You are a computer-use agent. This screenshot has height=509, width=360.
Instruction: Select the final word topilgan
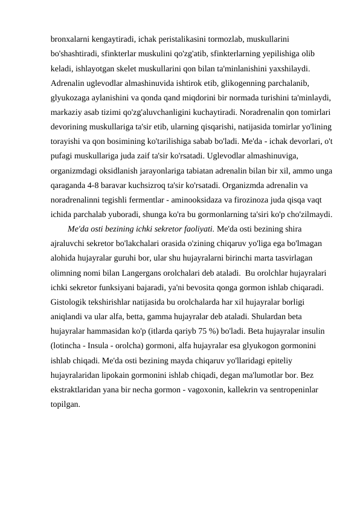pos(65,403)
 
